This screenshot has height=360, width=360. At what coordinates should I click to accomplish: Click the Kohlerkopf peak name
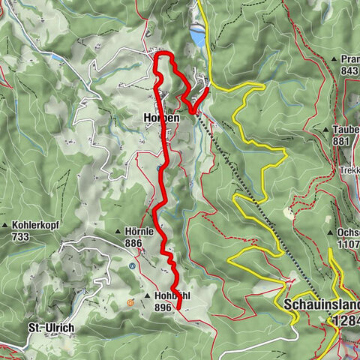click(x=36, y=224)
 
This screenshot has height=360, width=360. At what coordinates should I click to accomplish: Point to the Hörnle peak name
click(x=141, y=232)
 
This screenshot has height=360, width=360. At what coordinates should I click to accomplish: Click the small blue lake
click(x=196, y=35)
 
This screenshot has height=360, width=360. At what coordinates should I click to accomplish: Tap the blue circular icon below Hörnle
click(x=133, y=265)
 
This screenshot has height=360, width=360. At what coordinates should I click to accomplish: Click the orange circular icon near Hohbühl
click(x=130, y=302)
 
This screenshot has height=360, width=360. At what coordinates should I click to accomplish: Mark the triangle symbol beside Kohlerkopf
click(x=5, y=224)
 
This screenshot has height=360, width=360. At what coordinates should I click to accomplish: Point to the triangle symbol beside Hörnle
click(x=119, y=232)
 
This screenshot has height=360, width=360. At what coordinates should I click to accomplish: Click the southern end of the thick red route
click(x=178, y=307)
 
